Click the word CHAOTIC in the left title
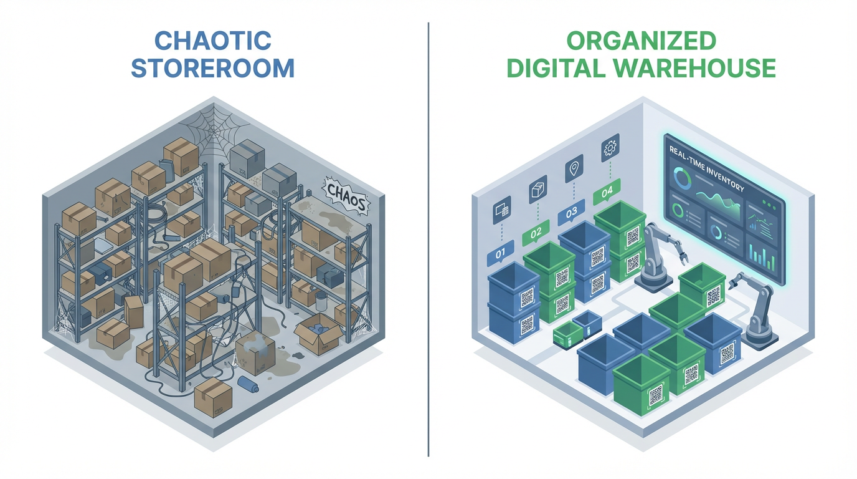pos(213,41)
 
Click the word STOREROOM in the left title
pos(213,68)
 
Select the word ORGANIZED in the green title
pos(642,41)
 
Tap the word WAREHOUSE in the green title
pos(696,68)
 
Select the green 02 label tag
pos(536,232)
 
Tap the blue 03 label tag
pos(571,212)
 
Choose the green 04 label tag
pos(607,191)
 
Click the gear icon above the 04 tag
pos(610,147)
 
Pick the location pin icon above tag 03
pos(574,168)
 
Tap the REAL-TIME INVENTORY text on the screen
pos(707,168)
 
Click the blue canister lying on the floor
pos(249,384)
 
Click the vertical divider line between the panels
pos(429,239)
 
